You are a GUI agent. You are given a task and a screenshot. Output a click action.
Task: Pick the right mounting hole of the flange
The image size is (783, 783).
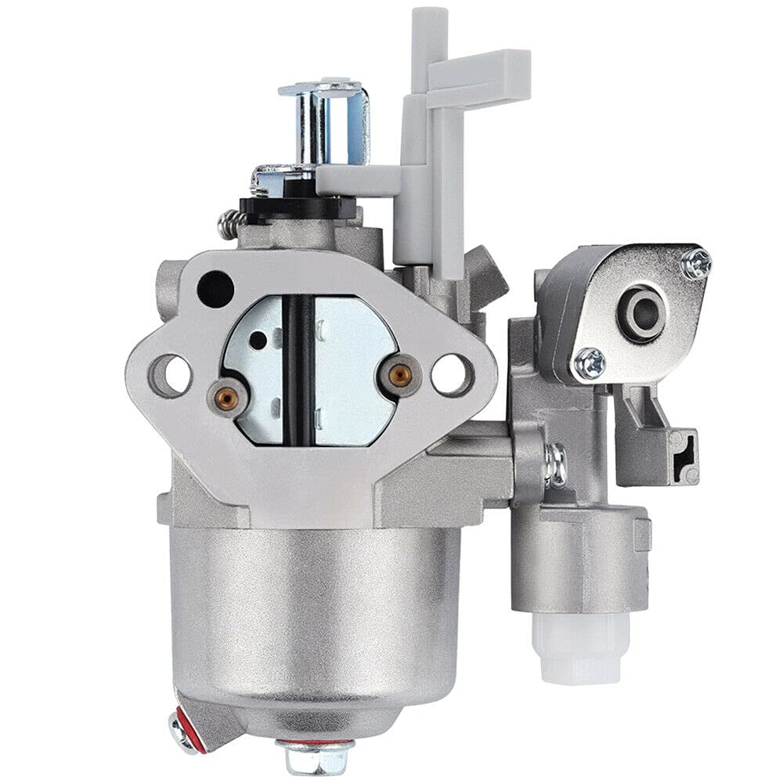pyautogui.click(x=452, y=373)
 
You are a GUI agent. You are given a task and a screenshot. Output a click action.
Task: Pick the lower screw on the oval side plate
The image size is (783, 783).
pyautogui.click(x=589, y=363)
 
